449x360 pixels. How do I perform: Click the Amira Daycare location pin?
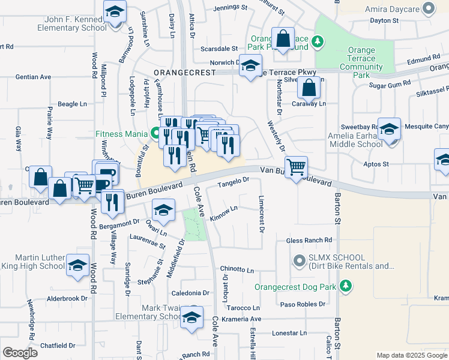point(429,8)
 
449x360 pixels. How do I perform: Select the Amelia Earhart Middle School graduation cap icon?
point(389,131)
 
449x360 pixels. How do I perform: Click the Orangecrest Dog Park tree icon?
point(345,286)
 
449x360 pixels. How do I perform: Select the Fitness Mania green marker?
point(155,133)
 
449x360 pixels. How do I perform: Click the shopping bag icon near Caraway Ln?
point(309,88)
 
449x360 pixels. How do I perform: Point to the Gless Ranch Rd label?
point(309,241)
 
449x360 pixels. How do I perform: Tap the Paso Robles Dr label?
point(306,304)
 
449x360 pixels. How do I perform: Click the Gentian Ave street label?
point(33,77)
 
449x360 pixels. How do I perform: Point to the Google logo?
point(20,352)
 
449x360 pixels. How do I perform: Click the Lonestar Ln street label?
point(289,332)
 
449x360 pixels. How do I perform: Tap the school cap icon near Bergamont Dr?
point(162,211)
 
